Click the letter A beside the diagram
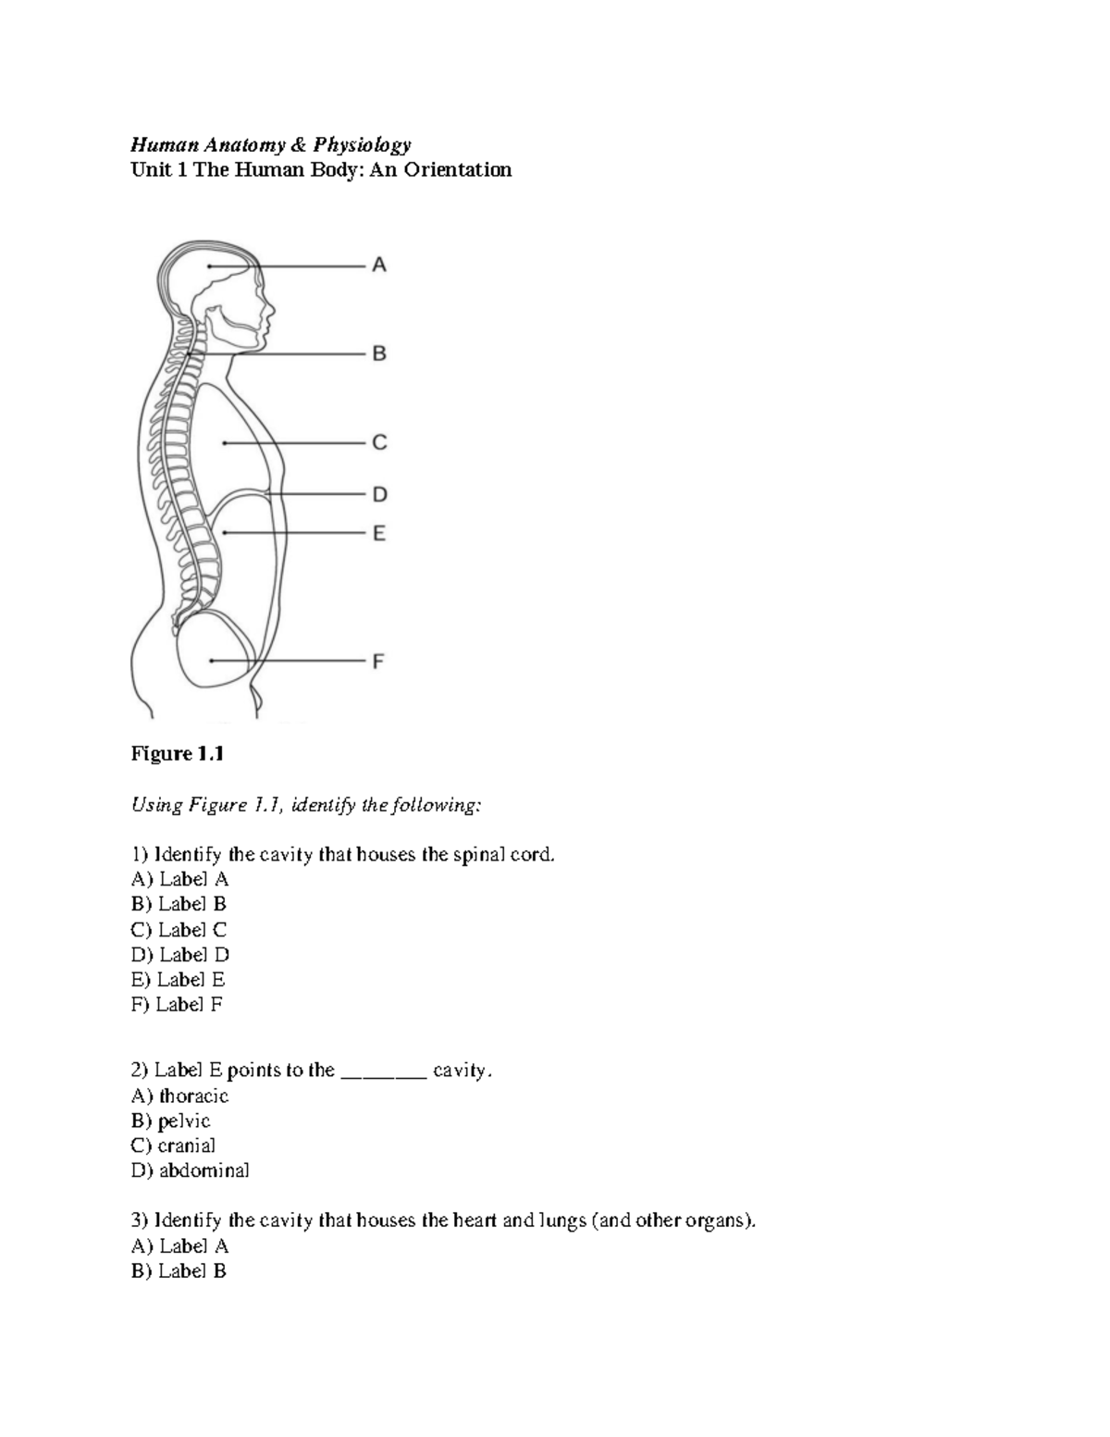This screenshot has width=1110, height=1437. (379, 266)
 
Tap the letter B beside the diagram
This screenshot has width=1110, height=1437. (379, 353)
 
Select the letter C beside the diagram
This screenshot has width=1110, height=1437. (379, 443)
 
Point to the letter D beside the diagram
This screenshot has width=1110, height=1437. (379, 495)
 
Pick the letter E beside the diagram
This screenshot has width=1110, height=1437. (379, 534)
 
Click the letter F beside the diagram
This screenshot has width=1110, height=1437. (378, 662)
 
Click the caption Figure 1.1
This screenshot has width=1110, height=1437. (178, 754)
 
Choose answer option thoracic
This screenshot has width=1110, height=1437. (193, 1096)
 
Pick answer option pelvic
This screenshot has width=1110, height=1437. (184, 1121)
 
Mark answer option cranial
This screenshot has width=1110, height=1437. (186, 1146)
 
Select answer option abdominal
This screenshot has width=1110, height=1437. (203, 1171)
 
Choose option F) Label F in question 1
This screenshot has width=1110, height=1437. (178, 1005)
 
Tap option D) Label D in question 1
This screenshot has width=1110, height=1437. (180, 955)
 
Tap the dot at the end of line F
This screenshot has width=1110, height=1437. (212, 661)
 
